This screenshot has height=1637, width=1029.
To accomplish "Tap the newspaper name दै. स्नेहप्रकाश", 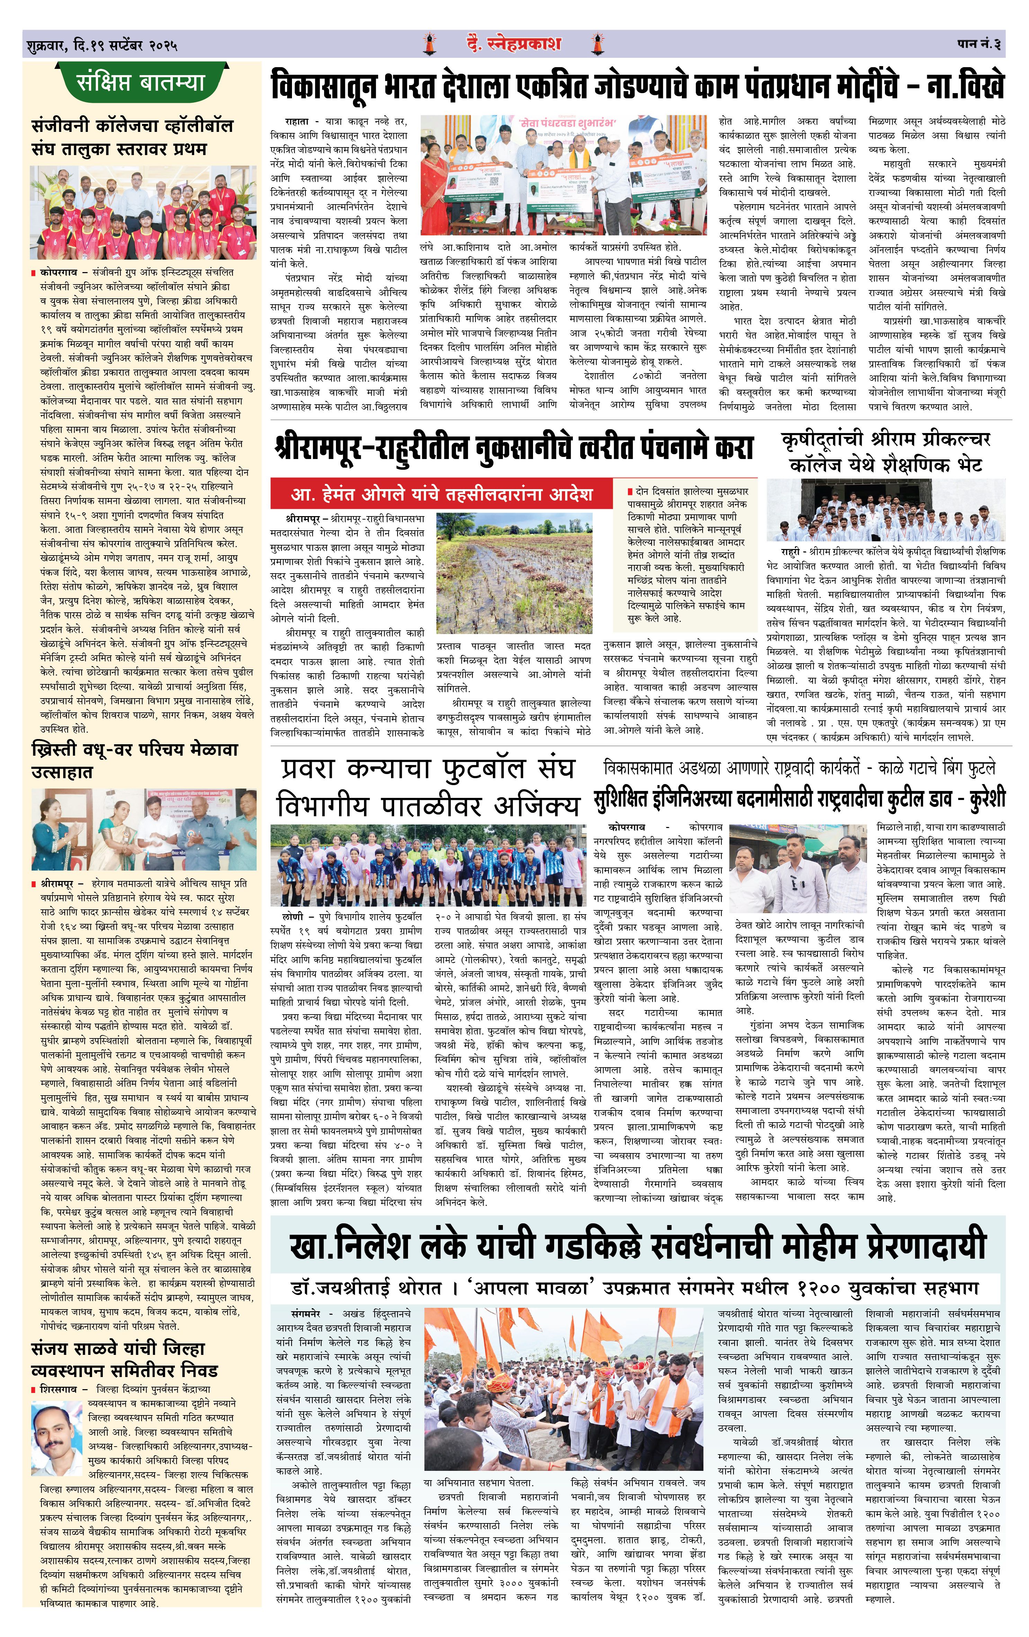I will tap(514, 44).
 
